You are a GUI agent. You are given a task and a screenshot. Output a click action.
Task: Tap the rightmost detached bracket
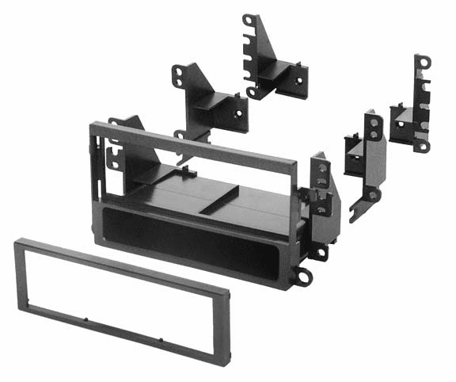(x=412, y=111)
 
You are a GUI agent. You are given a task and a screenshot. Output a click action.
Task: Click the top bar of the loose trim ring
(x=119, y=261)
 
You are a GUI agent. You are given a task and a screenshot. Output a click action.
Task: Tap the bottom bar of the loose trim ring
(x=119, y=333)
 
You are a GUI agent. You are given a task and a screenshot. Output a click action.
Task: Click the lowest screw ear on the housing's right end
(x=303, y=277)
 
